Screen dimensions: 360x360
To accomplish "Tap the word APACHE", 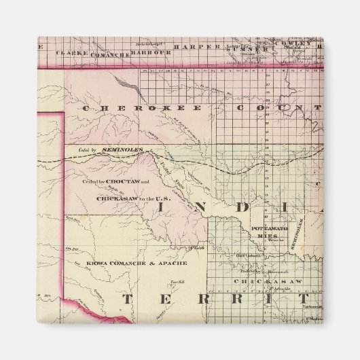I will click(x=158, y=262).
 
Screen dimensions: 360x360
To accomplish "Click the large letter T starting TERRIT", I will click(x=127, y=299).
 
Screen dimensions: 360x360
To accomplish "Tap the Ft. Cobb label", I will click(x=198, y=249).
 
